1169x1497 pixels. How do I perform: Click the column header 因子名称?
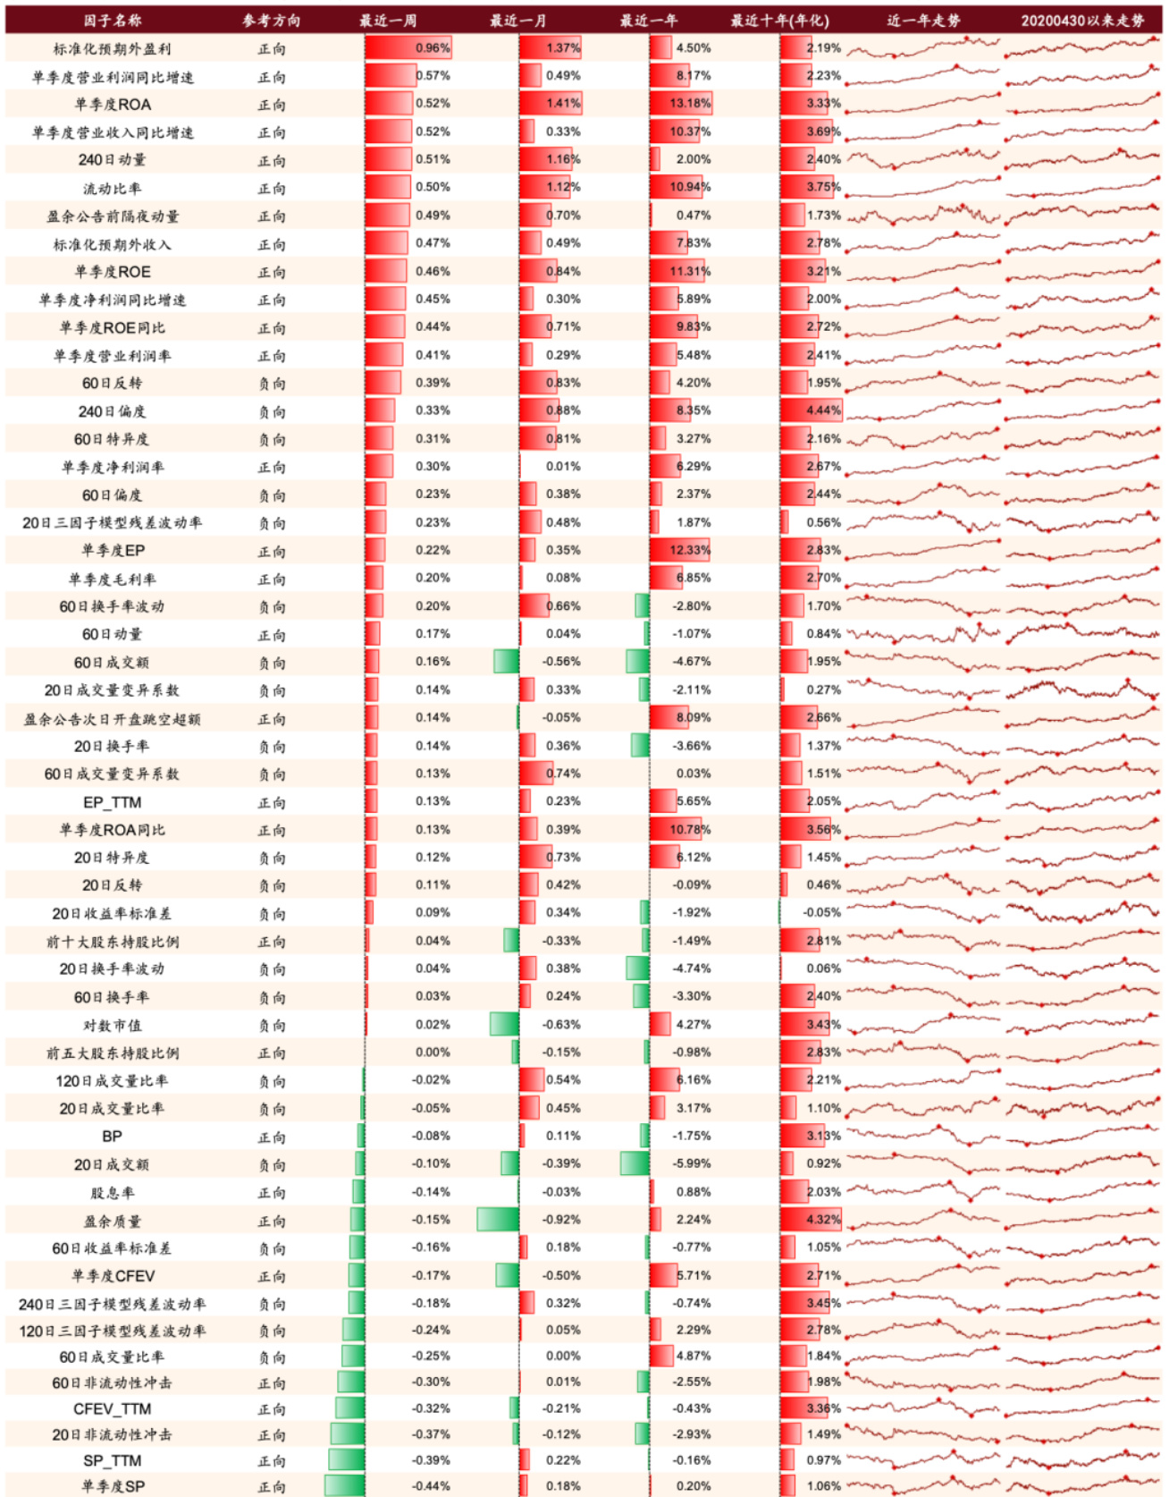click(112, 20)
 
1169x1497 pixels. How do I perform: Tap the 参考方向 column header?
click(271, 20)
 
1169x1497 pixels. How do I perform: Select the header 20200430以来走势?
click(1082, 20)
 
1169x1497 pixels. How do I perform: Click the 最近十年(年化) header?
click(779, 20)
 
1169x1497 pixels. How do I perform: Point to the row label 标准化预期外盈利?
click(112, 48)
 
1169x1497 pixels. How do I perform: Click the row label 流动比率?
click(112, 188)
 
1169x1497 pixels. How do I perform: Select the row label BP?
click(112, 1136)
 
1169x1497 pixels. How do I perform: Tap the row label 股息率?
click(112, 1192)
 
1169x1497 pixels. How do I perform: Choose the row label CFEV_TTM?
click(112, 1408)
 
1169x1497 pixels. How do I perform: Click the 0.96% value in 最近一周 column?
click(433, 47)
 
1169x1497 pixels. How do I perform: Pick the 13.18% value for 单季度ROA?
click(690, 103)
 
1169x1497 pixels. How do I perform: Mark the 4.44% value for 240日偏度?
click(823, 410)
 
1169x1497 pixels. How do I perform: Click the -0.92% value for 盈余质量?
click(561, 1219)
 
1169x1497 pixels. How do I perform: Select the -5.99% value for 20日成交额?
click(692, 1163)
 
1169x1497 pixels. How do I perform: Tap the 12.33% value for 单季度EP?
click(690, 550)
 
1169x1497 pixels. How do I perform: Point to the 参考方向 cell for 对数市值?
click(272, 1025)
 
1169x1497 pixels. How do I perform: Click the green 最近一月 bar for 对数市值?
click(505, 1024)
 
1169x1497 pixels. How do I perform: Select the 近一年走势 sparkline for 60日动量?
click(923, 634)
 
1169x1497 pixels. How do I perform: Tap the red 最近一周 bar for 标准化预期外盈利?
click(390, 47)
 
